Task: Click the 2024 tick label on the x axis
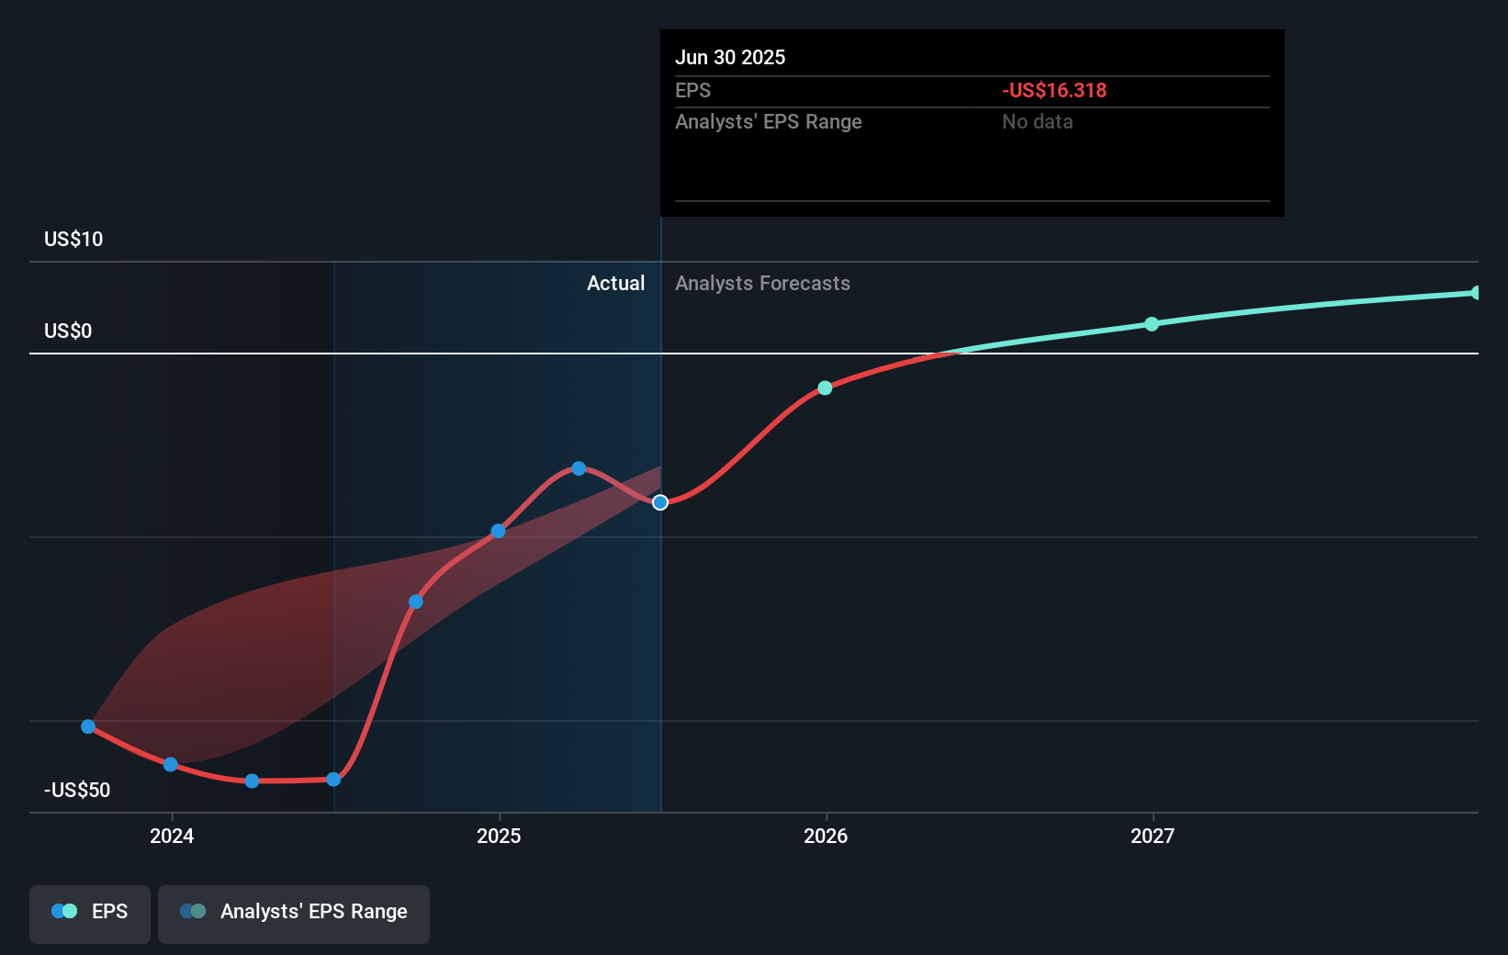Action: (172, 836)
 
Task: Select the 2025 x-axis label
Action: (499, 836)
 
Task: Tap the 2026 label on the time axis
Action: (826, 836)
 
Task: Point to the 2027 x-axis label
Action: (1153, 836)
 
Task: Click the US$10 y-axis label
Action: (73, 239)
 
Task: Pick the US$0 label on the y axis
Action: (68, 331)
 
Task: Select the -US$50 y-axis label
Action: (77, 790)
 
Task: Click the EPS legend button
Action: (90, 913)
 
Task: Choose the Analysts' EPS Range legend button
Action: (294, 913)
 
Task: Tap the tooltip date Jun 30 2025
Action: (730, 57)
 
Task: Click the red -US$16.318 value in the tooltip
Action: (1053, 90)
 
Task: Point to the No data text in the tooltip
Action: (1037, 121)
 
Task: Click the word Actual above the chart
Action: (615, 283)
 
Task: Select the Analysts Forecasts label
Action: (762, 283)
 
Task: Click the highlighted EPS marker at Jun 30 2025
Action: (660, 502)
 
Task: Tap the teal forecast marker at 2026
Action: (825, 388)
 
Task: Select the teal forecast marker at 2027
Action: (1152, 324)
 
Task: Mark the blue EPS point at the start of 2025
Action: (498, 531)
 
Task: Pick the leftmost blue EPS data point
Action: (88, 726)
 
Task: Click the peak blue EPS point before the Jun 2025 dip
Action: (579, 468)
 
